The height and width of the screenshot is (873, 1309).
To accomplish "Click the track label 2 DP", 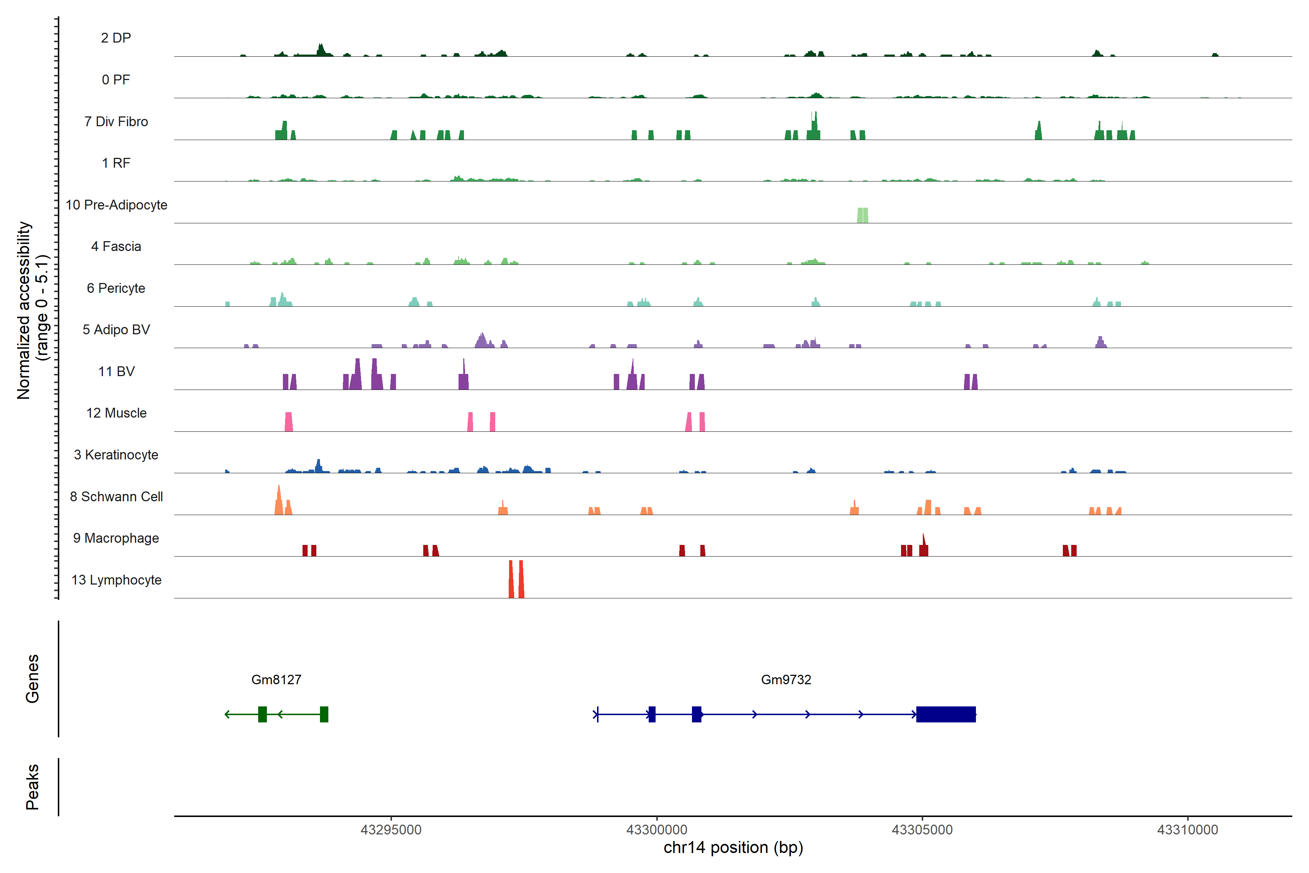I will tap(116, 38).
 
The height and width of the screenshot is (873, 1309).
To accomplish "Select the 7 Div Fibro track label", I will tap(116, 121).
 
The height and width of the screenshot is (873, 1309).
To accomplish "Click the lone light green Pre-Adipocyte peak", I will tap(862, 215).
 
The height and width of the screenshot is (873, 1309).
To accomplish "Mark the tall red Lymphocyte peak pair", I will tap(516, 579).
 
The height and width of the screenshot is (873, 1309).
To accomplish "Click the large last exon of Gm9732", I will tap(946, 714).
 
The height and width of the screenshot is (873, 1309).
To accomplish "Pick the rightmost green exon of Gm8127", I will tap(324, 714).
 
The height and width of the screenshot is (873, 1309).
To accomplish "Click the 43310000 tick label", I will tap(1187, 830).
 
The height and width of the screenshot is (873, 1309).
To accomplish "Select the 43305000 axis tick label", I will tap(922, 830).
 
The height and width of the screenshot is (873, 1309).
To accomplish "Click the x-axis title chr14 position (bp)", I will tap(733, 848).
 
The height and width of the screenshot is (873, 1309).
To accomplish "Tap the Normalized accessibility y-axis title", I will tap(32, 310).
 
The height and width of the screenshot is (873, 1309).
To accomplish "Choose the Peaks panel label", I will tap(32, 787).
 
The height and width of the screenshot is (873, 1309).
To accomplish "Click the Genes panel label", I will tap(32, 679).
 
